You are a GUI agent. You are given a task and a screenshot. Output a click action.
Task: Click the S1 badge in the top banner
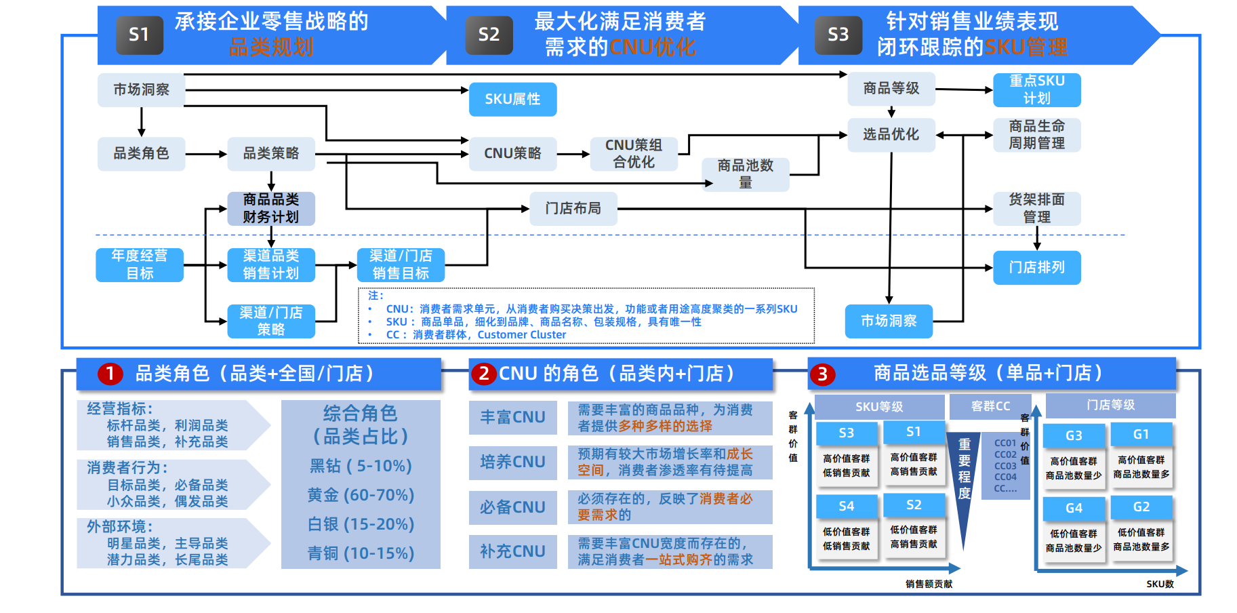138,35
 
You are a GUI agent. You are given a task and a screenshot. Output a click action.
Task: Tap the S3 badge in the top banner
838,35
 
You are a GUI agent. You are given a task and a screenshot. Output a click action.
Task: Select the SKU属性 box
512,99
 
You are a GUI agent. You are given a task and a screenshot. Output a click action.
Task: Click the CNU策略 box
512,153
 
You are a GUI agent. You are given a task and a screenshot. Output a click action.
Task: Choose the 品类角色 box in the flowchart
141,153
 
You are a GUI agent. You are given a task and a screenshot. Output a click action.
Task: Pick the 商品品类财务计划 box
271,208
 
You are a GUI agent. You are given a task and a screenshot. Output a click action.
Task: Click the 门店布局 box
573,208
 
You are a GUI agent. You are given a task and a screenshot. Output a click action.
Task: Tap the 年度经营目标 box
140,264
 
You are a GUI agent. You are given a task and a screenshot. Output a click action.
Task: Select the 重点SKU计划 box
1036,90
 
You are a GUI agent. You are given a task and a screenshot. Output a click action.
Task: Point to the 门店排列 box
1036,267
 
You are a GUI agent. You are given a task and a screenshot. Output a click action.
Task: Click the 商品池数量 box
745,174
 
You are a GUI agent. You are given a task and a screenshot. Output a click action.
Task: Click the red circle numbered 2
483,374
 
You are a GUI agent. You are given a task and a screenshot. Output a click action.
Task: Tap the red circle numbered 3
822,374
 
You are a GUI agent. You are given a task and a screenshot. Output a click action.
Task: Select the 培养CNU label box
512,462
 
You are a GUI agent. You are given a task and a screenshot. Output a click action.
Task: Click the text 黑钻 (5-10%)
361,466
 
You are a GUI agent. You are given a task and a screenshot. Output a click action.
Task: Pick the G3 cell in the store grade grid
1074,435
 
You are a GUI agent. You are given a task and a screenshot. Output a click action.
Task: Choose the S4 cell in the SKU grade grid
846,506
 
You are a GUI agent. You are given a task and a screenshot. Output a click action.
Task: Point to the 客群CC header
990,406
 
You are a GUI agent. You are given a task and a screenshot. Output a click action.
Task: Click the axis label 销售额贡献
929,584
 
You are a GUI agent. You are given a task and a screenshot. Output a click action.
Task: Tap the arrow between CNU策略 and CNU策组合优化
573,154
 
